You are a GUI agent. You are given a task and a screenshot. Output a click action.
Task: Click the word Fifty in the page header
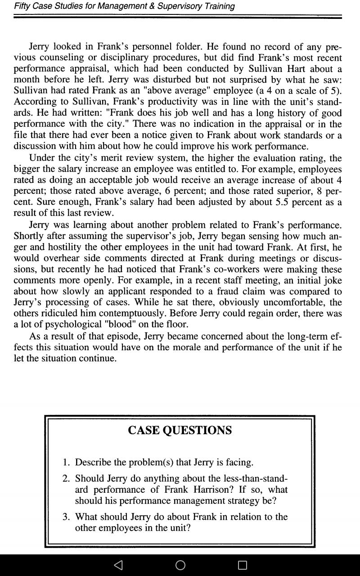22,6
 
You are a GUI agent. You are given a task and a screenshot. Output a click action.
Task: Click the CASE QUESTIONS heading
180,431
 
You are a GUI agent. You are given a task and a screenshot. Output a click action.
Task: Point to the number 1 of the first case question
66,463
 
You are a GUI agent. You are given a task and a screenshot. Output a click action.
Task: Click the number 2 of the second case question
66,479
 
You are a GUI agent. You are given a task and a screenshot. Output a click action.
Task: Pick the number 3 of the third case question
66,517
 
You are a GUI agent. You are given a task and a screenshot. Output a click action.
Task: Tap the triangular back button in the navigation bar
118,565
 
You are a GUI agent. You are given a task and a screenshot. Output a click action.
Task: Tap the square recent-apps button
242,565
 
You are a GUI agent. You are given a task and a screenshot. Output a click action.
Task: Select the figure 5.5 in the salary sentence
282,202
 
